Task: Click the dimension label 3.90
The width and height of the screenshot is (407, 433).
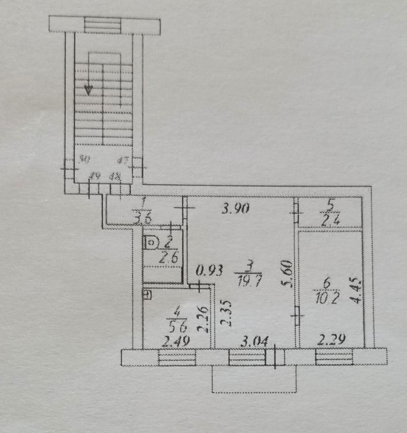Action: (235, 209)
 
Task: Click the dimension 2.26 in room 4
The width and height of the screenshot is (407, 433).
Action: (203, 319)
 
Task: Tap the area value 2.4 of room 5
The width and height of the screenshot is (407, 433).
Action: (330, 220)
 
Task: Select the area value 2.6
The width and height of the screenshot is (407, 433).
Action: (169, 258)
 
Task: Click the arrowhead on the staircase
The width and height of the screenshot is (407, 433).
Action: (88, 90)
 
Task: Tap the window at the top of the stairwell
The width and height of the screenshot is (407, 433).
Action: (102, 25)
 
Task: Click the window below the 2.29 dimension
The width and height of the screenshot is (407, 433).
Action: (334, 357)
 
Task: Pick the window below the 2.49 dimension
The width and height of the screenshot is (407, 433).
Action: (177, 357)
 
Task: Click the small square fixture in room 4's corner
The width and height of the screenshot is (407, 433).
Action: (148, 295)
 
